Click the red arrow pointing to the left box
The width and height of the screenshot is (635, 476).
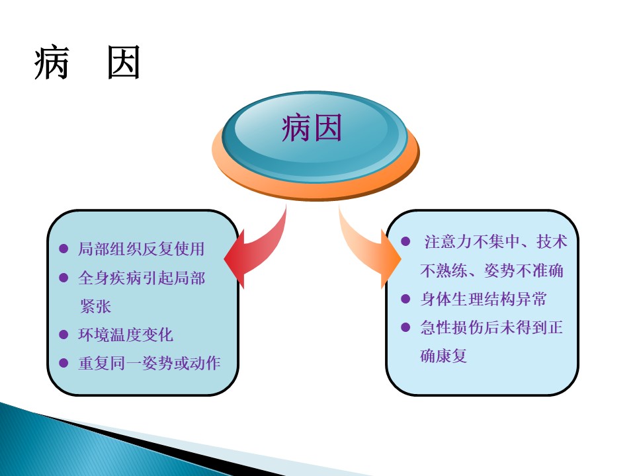(259, 251)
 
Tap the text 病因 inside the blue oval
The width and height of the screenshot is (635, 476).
(312, 128)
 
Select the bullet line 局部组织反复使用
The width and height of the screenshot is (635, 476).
(142, 249)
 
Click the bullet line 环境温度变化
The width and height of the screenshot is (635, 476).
(126, 335)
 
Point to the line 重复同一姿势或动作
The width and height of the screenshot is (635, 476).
(149, 363)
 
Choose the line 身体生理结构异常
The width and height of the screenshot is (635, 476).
(484, 299)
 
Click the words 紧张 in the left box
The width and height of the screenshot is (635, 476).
(95, 306)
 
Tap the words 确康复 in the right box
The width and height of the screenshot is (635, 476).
(444, 356)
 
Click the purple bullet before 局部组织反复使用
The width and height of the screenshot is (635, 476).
(63, 249)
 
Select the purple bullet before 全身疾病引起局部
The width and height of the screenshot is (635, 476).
(63, 278)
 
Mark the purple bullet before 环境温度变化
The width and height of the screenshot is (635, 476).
(63, 335)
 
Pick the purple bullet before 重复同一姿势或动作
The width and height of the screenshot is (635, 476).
(63, 363)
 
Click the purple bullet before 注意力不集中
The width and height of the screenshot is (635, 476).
(405, 242)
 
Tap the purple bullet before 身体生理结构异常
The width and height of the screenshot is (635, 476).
(405, 299)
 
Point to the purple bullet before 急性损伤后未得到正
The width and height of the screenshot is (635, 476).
(405, 327)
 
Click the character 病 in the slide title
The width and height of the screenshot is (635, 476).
(52, 63)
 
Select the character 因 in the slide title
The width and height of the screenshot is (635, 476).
(124, 63)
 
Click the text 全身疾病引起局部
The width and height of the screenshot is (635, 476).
(142, 278)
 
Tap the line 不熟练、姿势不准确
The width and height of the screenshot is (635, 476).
(491, 270)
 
